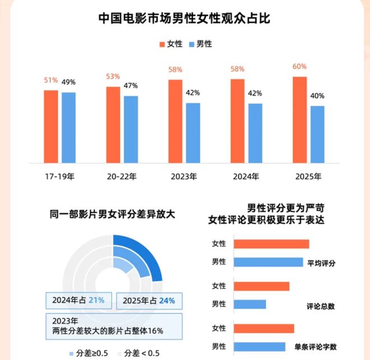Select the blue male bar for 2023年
coord(193,132)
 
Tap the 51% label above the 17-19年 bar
coord(51,81)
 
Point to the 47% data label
coord(131,86)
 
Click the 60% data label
coord(300,67)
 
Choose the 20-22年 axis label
coord(122,177)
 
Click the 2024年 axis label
coord(246,177)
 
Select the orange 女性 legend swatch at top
coord(163,44)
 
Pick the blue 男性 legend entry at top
coord(200,44)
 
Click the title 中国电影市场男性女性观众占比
coord(184,19)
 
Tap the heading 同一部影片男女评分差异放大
coord(112,214)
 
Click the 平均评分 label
coord(321,262)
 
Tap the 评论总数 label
coord(321,306)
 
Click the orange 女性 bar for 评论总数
coord(261,286)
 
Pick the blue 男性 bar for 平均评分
coord(267,262)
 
